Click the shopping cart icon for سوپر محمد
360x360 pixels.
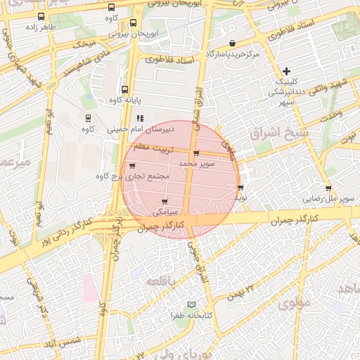(195, 153)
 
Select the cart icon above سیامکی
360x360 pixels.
(165, 202)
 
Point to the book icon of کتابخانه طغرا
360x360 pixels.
(193, 305)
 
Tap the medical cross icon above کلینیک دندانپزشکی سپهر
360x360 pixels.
(286, 70)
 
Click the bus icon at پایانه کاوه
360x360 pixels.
(124, 89)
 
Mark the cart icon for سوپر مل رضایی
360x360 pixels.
(328, 188)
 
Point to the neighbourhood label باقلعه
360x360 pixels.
(165, 281)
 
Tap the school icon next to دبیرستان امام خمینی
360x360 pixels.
(140, 118)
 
